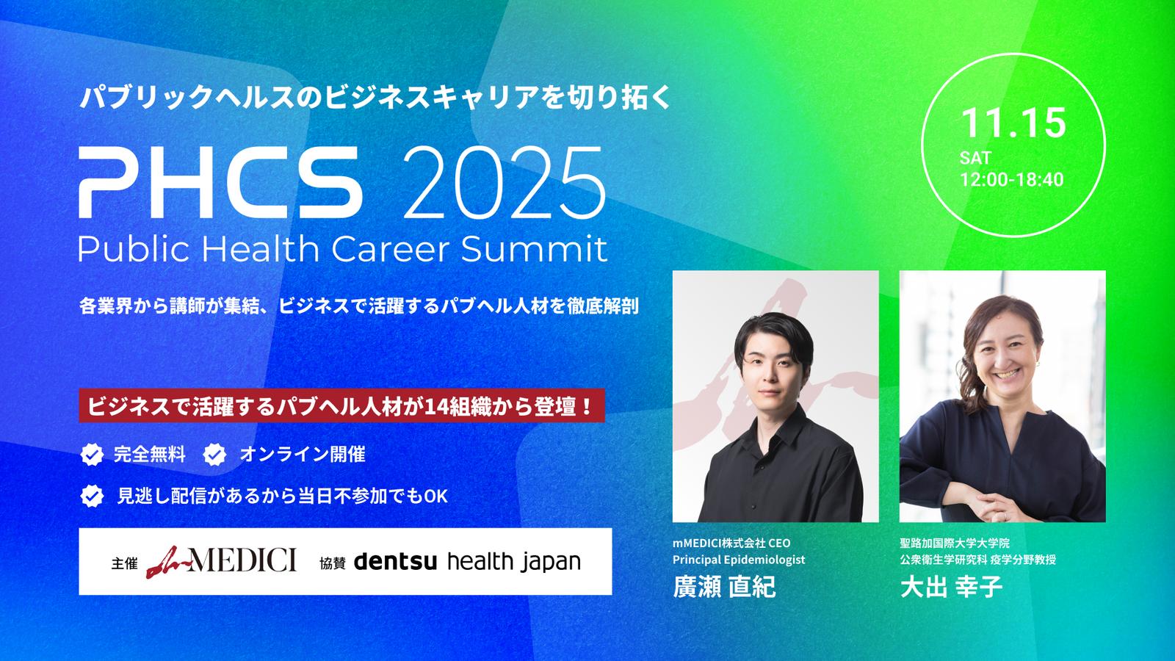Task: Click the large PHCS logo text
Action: (x=220, y=182)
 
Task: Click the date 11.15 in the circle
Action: (x=1013, y=123)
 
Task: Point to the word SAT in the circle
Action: (x=975, y=158)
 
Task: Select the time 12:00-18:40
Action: (x=1011, y=179)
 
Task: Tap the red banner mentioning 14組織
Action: (x=341, y=405)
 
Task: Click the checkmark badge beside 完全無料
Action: (x=92, y=455)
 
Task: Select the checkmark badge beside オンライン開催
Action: (x=214, y=455)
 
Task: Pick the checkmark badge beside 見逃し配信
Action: (x=92, y=496)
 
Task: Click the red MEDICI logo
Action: (x=221, y=561)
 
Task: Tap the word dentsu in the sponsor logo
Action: (x=396, y=562)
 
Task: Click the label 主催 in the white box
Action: (x=125, y=563)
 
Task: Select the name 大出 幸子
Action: (x=951, y=587)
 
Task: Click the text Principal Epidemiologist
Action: (x=739, y=560)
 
